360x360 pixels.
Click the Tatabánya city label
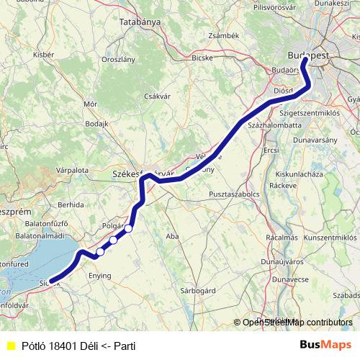point(140,22)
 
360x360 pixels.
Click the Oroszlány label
point(119,59)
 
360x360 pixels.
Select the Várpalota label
point(72,171)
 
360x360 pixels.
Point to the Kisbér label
point(43,54)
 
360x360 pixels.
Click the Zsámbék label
point(222,35)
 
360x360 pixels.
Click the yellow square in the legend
point(10,346)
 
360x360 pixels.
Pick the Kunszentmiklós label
point(329,237)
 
